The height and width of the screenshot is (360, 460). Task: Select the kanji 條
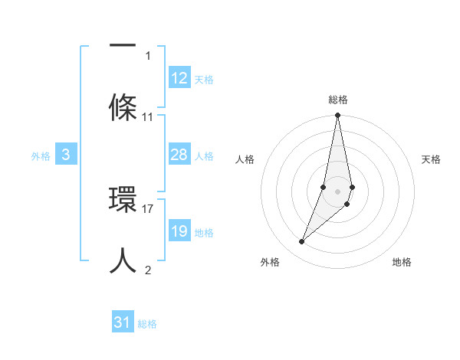coord(123,105)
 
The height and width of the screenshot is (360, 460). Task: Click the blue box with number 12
coord(179,78)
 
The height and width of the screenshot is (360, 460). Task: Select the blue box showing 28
coord(179,155)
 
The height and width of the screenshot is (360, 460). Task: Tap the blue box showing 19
coord(179,231)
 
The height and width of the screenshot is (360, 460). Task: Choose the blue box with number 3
coord(66,155)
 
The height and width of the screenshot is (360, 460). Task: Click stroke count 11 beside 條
coord(148,117)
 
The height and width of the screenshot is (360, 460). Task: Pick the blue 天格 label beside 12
coord(204,79)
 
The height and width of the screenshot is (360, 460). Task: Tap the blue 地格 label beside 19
coord(204,232)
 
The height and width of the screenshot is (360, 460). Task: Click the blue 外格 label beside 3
coord(41,155)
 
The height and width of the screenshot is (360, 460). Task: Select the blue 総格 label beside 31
coord(147,324)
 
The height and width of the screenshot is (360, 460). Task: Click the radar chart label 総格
coord(338,100)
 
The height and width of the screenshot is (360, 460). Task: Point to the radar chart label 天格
coord(431,159)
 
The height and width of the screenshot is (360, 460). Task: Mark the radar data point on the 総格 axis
coord(338,116)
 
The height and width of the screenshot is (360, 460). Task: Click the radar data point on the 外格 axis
coord(301,242)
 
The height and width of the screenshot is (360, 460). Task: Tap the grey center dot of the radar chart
coord(338,191)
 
